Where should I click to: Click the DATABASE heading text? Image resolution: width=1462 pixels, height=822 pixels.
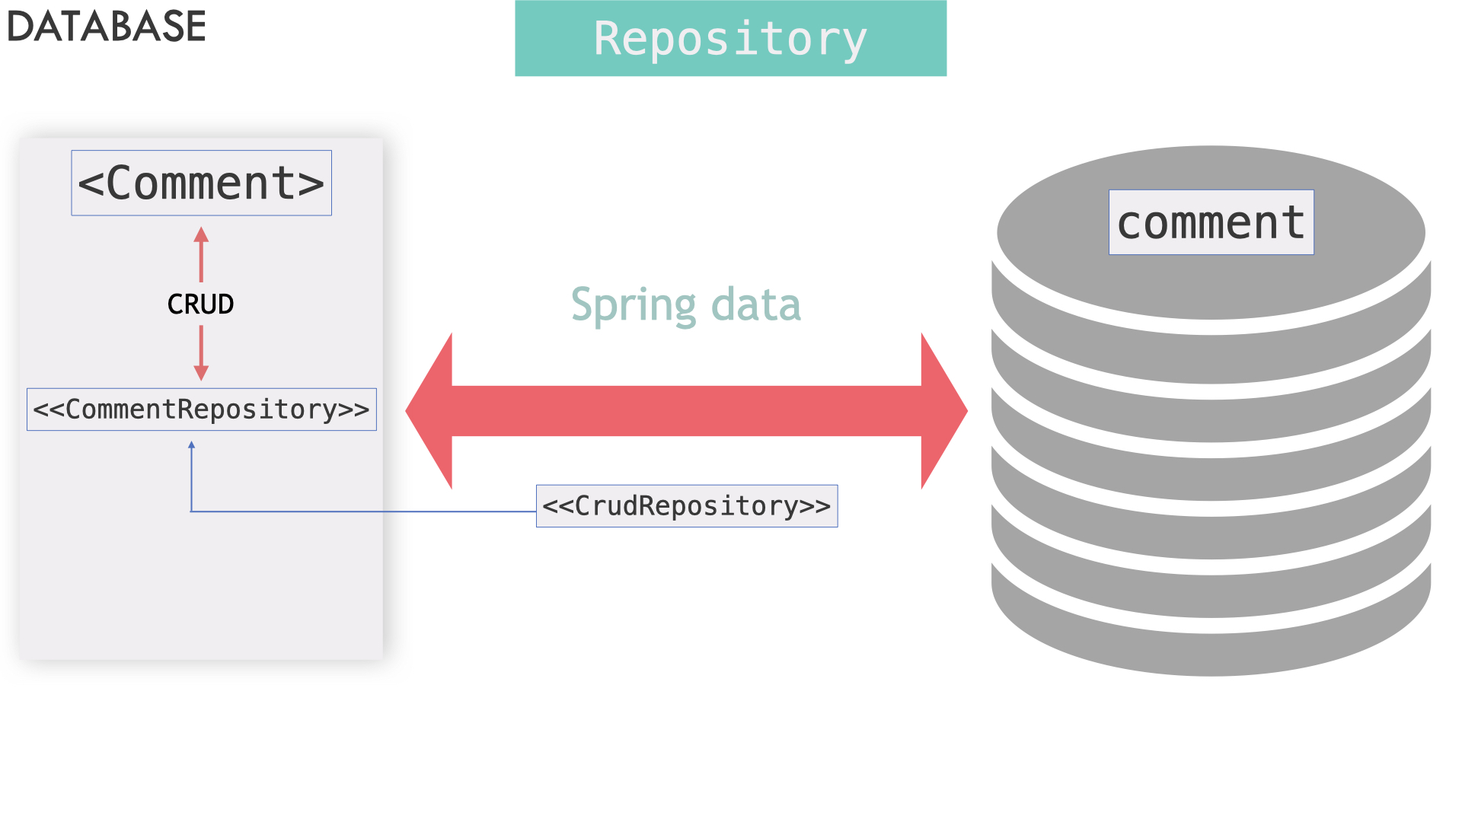107,27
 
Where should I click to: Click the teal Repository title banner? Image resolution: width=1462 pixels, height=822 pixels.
730,38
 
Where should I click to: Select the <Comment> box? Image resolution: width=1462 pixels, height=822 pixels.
201,183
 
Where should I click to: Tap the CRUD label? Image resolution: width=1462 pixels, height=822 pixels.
200,304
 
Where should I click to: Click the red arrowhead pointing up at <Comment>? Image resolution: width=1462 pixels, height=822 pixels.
201,234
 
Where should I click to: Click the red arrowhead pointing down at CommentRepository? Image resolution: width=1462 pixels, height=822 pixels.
201,372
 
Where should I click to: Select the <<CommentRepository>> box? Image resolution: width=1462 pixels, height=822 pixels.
201,409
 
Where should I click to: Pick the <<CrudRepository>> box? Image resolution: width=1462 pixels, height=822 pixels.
686,506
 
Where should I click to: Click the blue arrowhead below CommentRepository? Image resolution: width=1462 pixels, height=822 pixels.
191,445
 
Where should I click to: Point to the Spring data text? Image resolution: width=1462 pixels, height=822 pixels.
685,304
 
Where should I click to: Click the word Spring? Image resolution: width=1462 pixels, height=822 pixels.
633,304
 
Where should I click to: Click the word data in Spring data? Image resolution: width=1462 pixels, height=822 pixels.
755,304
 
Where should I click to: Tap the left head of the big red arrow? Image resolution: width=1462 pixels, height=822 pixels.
431,411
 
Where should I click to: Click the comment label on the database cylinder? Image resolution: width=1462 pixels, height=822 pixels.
1211,222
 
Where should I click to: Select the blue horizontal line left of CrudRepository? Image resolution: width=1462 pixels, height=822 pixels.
365,511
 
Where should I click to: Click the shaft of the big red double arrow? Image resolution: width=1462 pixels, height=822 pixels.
685,411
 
